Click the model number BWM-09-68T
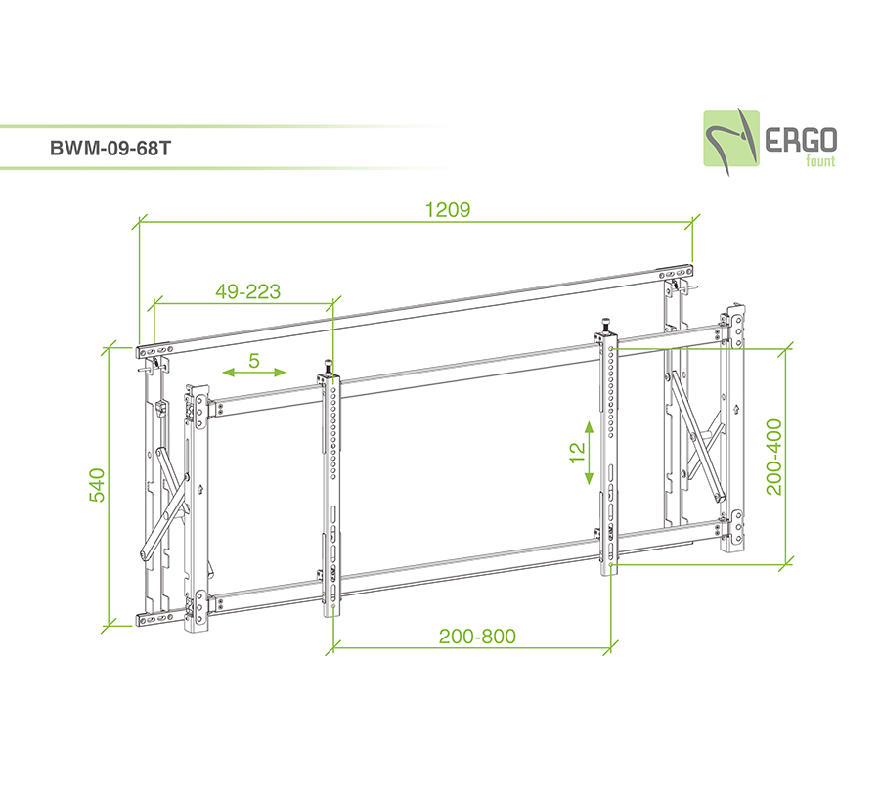[x=110, y=151]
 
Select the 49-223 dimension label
[x=248, y=291]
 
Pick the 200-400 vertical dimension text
[x=775, y=458]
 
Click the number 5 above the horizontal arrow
[x=253, y=360]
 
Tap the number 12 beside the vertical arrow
[x=576, y=452]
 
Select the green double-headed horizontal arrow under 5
[x=253, y=373]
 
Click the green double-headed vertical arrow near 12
[x=590, y=453]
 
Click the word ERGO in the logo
[x=800, y=139]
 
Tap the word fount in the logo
[x=819, y=161]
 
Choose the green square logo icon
[x=731, y=139]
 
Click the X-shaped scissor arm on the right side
[x=701, y=438]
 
